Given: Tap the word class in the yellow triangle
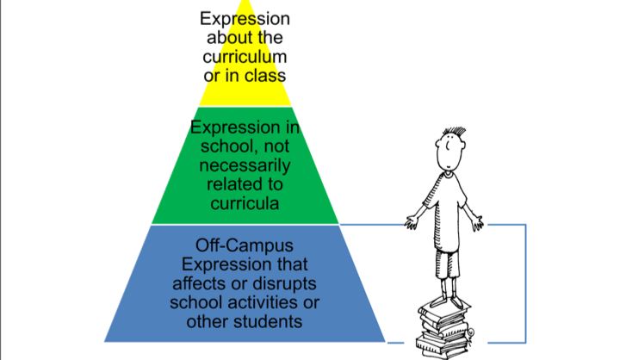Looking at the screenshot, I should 265,76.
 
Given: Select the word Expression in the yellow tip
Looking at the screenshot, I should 245,18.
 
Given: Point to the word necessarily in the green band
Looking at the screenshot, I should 245,164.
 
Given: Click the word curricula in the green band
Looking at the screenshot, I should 245,203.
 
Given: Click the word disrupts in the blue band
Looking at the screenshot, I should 276,283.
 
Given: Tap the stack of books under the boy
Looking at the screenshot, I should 444,332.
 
